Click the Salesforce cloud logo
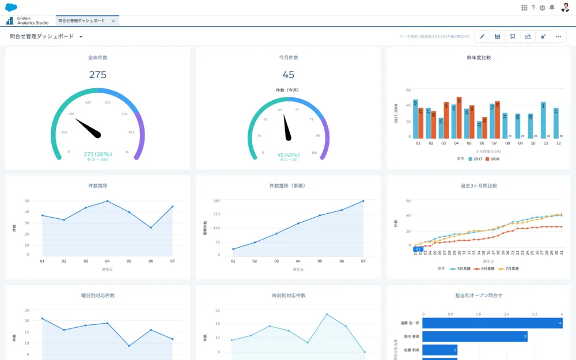[x=12, y=7]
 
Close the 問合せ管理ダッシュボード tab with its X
[x=113, y=21]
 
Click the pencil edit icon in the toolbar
[x=482, y=37]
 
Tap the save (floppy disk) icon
[x=497, y=37]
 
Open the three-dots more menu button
[x=558, y=37]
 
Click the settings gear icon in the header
[x=542, y=7]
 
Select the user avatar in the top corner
[x=564, y=7]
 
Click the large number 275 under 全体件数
[x=97, y=75]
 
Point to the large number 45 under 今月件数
[x=288, y=75]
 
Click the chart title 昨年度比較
[x=479, y=58]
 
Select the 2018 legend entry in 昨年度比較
[x=493, y=158]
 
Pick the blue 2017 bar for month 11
[x=543, y=120]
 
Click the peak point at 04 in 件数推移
[x=107, y=201]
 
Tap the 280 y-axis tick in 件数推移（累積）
[x=217, y=201]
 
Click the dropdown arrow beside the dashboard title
[x=81, y=37]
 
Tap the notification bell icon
[x=552, y=7]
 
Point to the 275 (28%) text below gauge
[x=97, y=154]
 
